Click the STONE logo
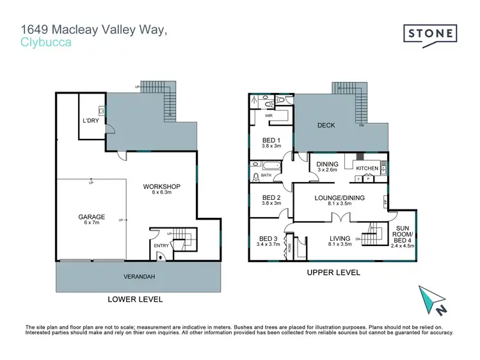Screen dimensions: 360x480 (430, 34)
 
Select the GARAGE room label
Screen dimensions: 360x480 (92, 217)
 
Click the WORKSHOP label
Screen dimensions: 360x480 (161, 186)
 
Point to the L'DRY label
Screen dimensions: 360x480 (90, 120)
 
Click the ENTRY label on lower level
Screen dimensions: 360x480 (160, 245)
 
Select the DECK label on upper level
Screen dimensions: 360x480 (327, 126)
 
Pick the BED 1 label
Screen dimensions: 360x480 (271, 140)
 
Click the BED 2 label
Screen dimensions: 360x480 (271, 197)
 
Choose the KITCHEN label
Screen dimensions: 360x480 (367, 168)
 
